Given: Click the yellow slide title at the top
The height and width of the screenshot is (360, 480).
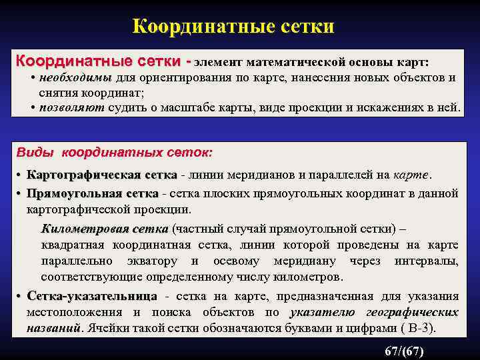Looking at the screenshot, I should pos(233,27).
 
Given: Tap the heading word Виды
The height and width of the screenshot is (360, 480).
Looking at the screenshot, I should pos(36,153).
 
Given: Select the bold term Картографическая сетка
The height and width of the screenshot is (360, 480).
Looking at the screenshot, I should pos(101,175).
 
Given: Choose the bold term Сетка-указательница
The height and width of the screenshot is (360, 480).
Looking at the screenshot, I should pos(92,296).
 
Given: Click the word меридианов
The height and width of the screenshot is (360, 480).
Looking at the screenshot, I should pos(258,175).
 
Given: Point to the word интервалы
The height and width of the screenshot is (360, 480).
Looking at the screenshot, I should pos(433,261).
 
